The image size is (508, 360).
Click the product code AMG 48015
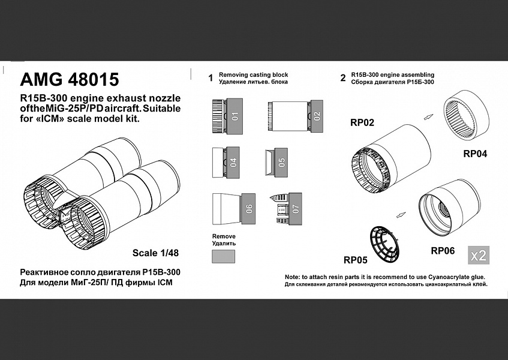click(x=70, y=79)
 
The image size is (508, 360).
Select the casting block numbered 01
click(x=235, y=116)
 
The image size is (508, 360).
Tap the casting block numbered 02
click(x=317, y=115)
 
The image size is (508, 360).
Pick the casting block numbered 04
click(x=233, y=162)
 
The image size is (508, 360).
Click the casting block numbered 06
click(x=248, y=208)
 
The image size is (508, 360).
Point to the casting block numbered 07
click(x=295, y=209)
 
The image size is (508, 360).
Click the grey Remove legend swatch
click(x=224, y=256)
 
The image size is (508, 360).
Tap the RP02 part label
click(x=362, y=122)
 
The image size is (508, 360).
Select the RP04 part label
click(x=475, y=154)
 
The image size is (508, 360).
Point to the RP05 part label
click(x=356, y=260)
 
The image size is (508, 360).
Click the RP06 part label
click(x=443, y=250)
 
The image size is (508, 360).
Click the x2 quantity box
click(x=479, y=256)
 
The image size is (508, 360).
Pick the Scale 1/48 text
click(x=155, y=253)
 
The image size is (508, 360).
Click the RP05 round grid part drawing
click(x=384, y=244)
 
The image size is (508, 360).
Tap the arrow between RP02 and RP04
click(x=429, y=117)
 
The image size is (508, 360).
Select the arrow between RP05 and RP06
click(x=401, y=215)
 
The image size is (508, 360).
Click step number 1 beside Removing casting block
click(x=211, y=78)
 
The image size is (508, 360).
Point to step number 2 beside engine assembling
click(x=343, y=78)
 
